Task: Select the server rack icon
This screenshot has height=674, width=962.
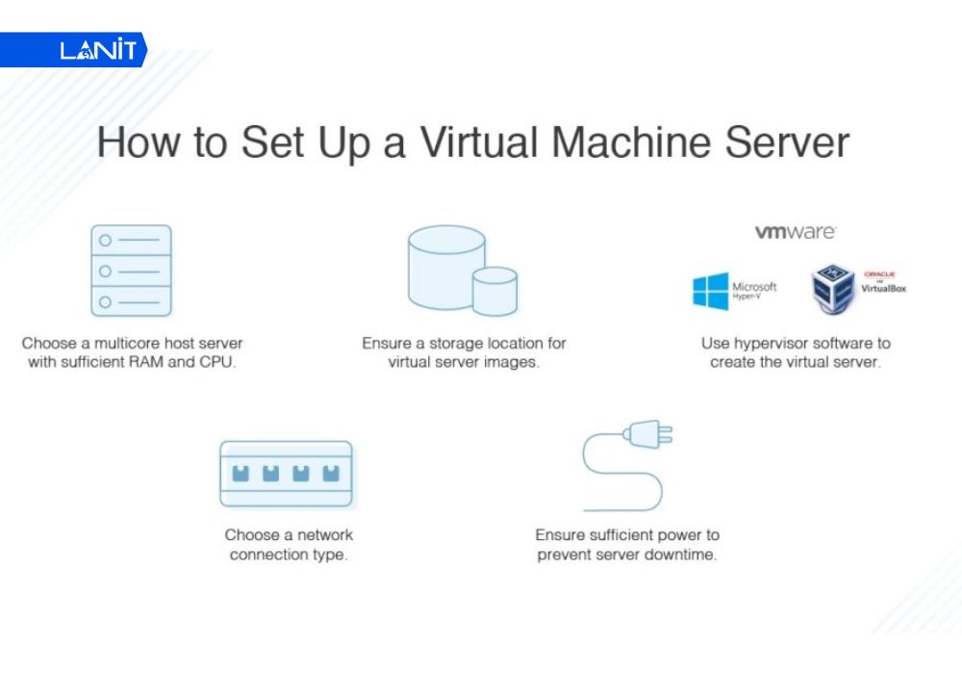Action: click(131, 271)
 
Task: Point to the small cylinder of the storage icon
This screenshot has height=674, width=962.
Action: click(494, 292)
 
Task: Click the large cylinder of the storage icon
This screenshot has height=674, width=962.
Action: click(444, 264)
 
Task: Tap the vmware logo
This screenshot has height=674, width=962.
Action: click(795, 232)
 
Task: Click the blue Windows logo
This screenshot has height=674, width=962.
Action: click(710, 291)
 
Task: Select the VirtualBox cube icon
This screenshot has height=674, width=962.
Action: click(833, 289)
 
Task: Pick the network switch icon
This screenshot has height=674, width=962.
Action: click(286, 474)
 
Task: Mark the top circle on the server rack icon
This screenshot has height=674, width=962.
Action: click(106, 240)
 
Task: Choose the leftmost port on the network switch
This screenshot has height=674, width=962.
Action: click(241, 473)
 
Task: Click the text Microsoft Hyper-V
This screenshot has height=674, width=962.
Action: click(755, 289)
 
